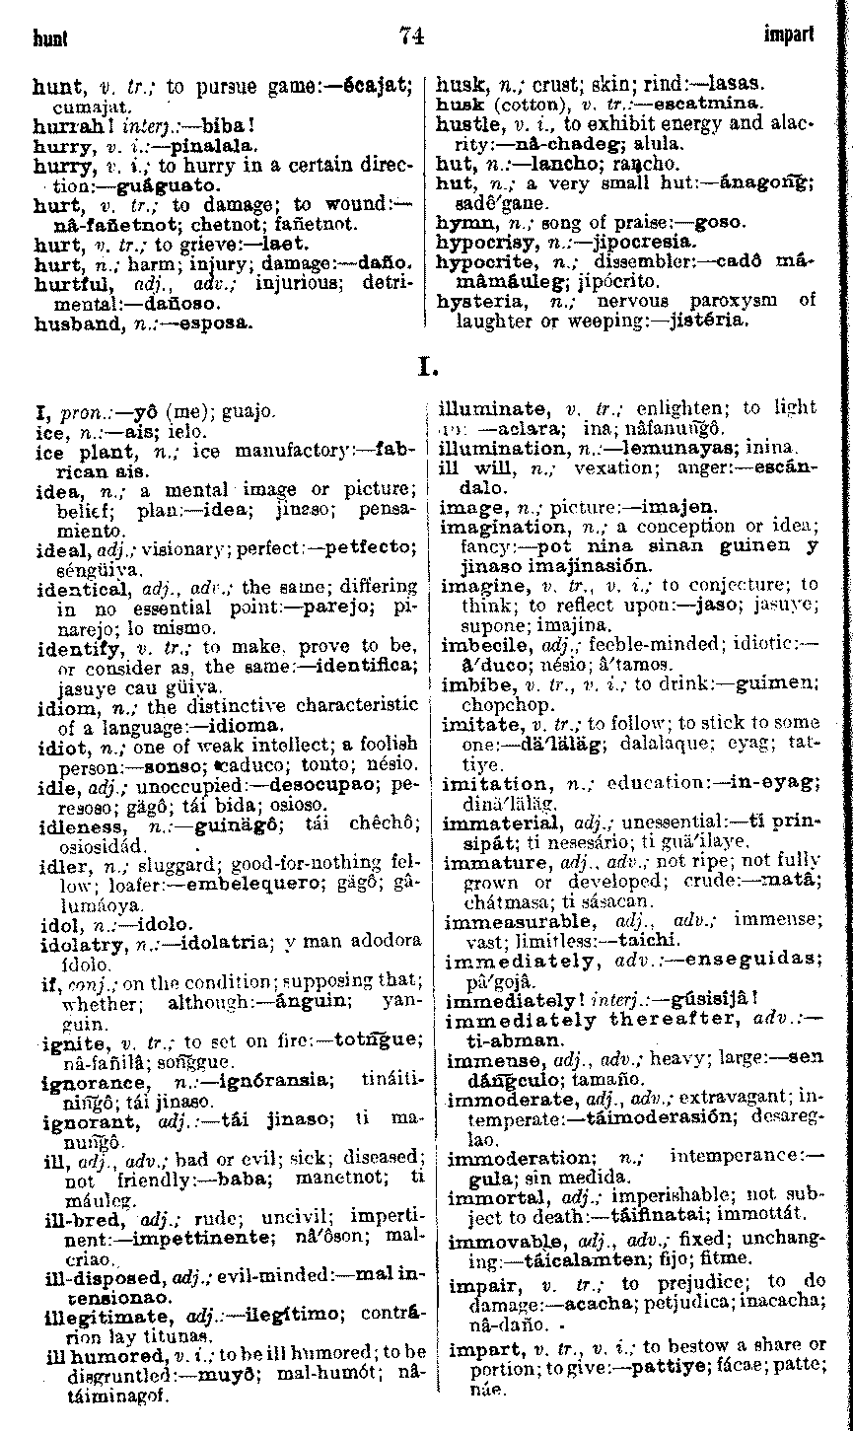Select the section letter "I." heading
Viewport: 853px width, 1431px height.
coord(427,371)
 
